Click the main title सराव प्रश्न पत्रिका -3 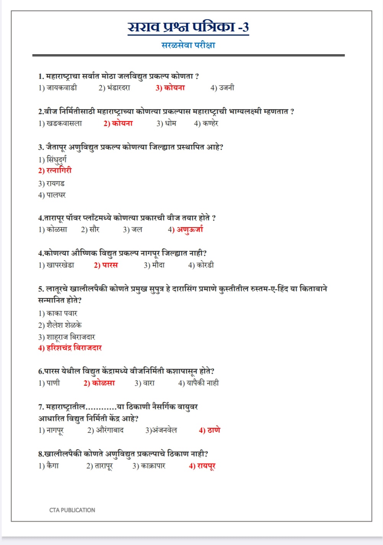(x=188, y=27)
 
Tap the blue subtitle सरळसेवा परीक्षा (x=188, y=45)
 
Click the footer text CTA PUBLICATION (x=72, y=510)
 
